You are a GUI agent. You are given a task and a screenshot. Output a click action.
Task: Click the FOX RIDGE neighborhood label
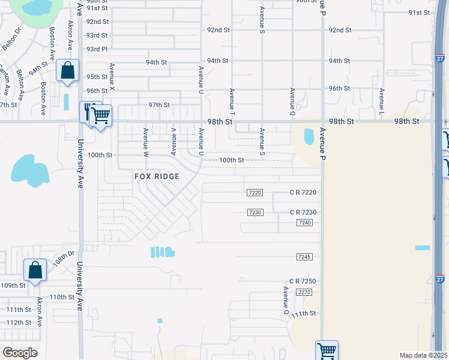(x=157, y=176)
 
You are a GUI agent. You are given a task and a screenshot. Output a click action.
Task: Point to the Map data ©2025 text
(x=423, y=355)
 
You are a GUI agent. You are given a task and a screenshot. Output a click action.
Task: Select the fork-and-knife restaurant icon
(x=88, y=111)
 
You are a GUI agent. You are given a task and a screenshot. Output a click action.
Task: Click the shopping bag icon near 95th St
(x=68, y=70)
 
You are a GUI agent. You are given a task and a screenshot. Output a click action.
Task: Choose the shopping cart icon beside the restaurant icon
(x=101, y=115)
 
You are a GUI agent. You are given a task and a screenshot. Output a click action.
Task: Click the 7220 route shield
(x=255, y=193)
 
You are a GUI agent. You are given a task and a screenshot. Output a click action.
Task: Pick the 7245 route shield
(x=304, y=257)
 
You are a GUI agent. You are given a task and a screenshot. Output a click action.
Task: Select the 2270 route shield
(x=304, y=292)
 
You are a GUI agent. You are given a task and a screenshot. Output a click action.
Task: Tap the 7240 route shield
(x=304, y=223)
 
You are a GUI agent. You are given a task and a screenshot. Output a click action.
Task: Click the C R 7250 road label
(x=302, y=281)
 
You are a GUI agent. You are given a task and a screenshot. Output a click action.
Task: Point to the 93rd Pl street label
(x=97, y=49)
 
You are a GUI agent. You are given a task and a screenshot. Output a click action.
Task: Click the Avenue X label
(x=112, y=77)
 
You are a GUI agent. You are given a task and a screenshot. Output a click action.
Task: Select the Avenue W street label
(x=145, y=141)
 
